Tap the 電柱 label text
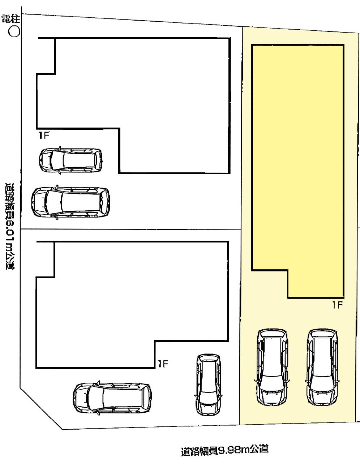[x=10, y=19]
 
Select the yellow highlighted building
[x=297, y=163]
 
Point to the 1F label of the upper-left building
[x=44, y=136]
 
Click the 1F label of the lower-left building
[x=163, y=364]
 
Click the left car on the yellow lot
[x=272, y=366]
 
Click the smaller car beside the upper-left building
[x=71, y=159]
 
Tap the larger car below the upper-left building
[x=70, y=202]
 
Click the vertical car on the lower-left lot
[x=208, y=384]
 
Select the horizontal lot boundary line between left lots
[x=130, y=229]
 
